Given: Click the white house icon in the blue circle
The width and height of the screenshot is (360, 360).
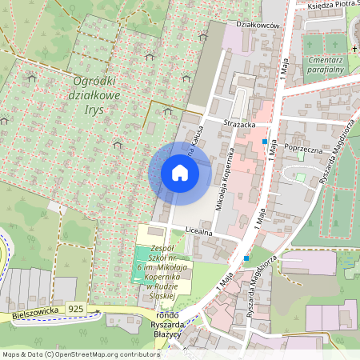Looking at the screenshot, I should [180, 173].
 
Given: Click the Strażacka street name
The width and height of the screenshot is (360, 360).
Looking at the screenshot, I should [239, 124].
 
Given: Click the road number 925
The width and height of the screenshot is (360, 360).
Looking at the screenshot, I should [76, 308].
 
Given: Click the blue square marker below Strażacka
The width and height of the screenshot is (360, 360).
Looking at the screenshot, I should [265, 141].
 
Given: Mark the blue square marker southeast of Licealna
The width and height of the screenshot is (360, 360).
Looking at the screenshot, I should [247, 258].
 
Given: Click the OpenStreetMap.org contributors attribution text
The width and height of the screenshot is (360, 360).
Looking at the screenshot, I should [104, 354].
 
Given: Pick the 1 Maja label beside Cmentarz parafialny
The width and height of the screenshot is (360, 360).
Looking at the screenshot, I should [286, 60].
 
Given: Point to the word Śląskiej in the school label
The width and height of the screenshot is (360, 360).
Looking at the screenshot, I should [162, 296].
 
